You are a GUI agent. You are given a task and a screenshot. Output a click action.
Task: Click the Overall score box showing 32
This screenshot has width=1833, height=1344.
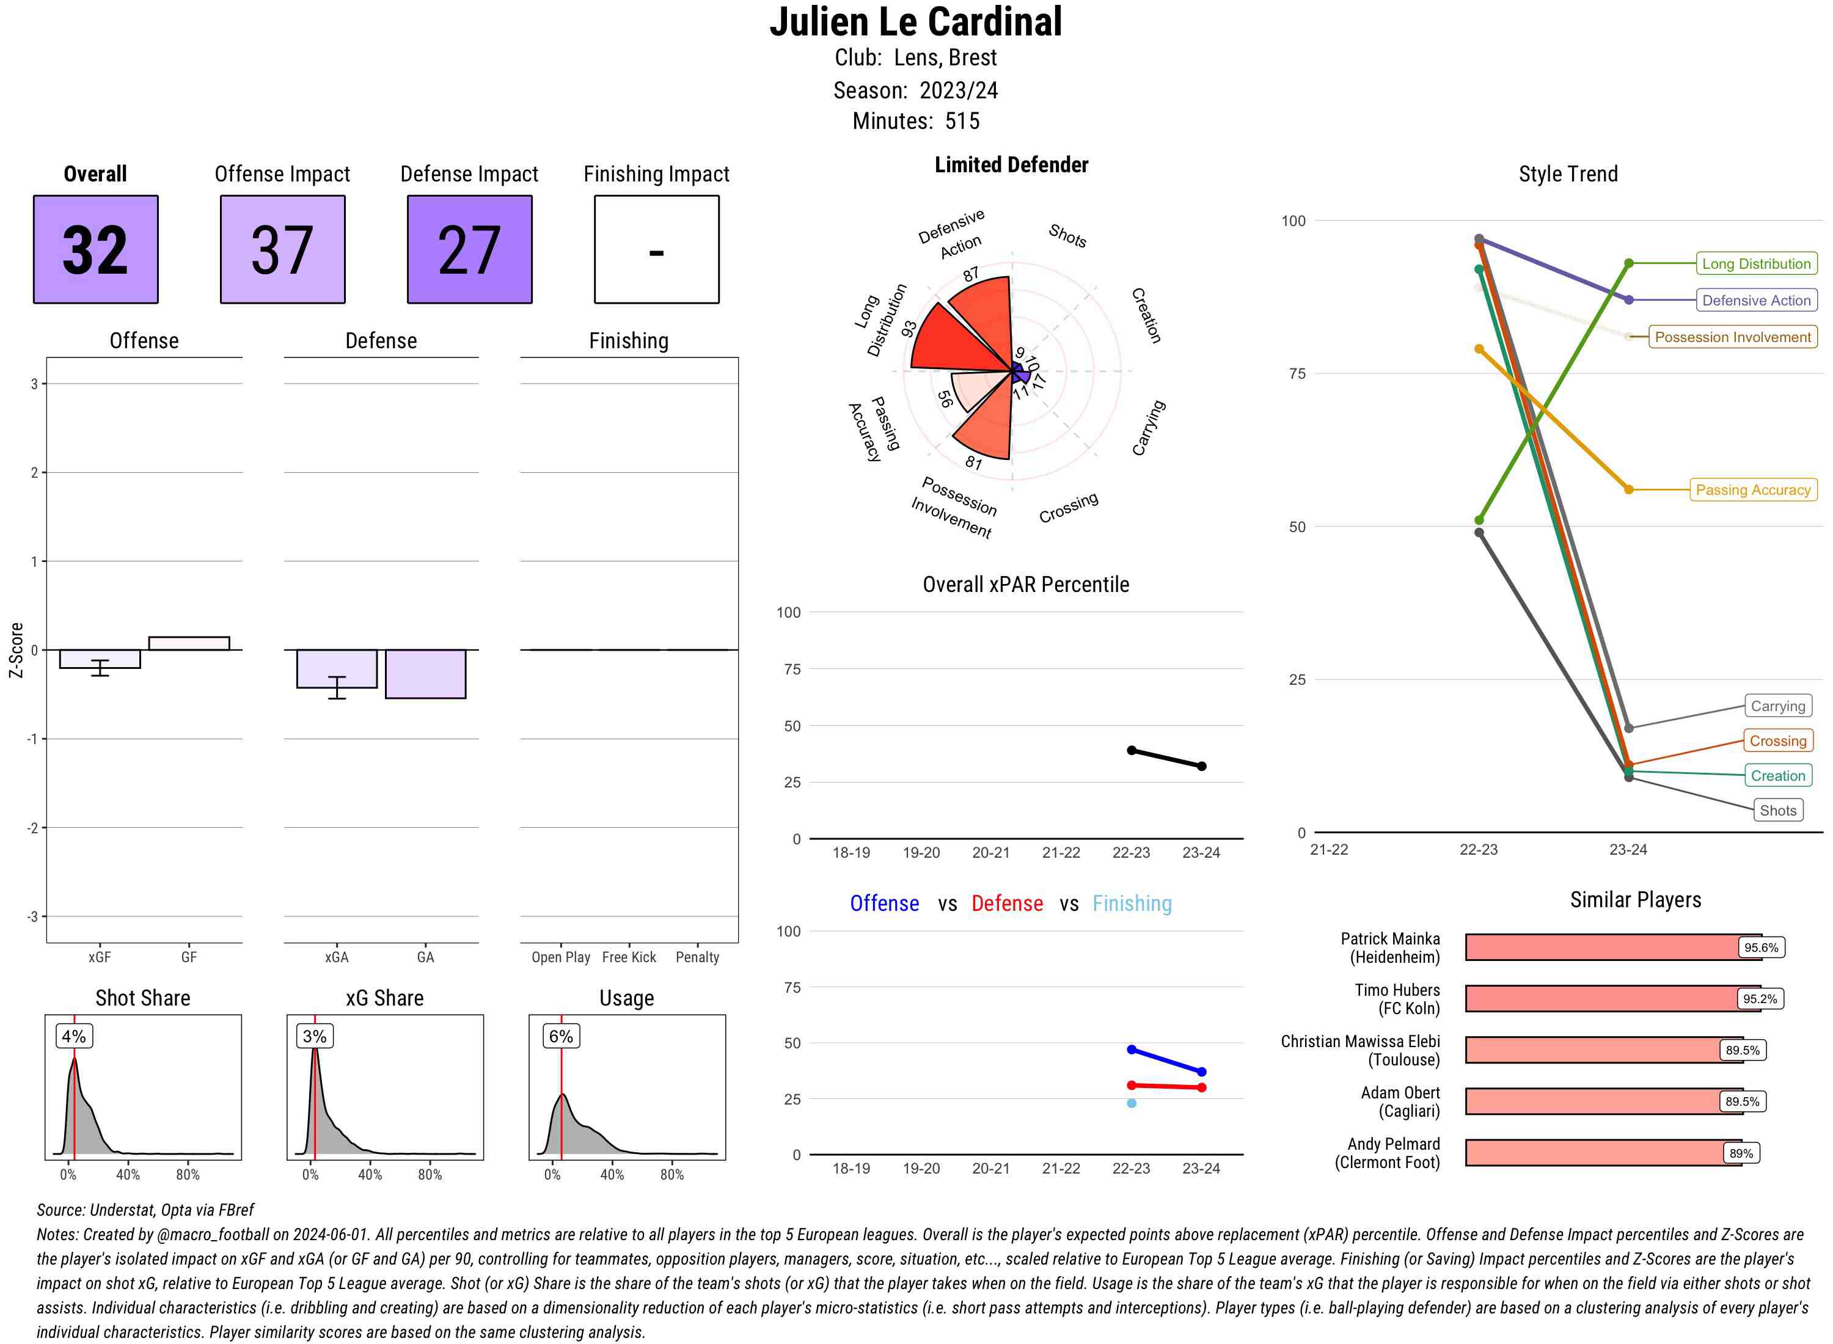(95, 249)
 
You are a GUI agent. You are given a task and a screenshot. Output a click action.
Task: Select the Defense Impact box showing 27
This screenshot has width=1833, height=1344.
(469, 249)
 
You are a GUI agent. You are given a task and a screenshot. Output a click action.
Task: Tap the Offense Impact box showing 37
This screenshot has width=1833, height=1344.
(282, 249)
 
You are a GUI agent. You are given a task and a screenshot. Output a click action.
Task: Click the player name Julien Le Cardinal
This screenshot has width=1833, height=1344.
(915, 23)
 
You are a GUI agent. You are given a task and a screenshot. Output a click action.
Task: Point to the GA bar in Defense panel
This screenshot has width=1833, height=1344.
(425, 674)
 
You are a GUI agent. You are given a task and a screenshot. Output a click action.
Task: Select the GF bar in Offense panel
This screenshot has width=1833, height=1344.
(189, 643)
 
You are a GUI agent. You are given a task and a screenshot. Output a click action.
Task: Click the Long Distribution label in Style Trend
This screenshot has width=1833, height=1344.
(1756, 263)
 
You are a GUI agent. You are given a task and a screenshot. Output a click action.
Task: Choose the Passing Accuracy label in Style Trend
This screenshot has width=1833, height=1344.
(1752, 490)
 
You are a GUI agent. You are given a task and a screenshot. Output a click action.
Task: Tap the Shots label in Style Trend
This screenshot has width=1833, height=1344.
(1777, 810)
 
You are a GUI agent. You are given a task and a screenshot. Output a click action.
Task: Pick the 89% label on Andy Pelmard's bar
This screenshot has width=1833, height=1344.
(1741, 1153)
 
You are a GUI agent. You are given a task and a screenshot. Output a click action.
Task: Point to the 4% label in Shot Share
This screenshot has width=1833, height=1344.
(73, 1037)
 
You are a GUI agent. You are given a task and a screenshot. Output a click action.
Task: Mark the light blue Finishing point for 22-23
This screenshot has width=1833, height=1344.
(1131, 1103)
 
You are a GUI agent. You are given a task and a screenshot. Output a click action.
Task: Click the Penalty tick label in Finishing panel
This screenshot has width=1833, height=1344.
(697, 957)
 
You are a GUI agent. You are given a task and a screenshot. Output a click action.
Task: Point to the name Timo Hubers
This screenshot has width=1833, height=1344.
(1396, 990)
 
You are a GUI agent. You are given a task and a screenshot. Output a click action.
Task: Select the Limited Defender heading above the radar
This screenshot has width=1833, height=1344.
(1011, 165)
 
